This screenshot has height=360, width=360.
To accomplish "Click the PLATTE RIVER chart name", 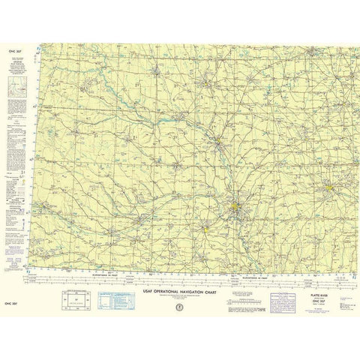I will pos(319,277).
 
